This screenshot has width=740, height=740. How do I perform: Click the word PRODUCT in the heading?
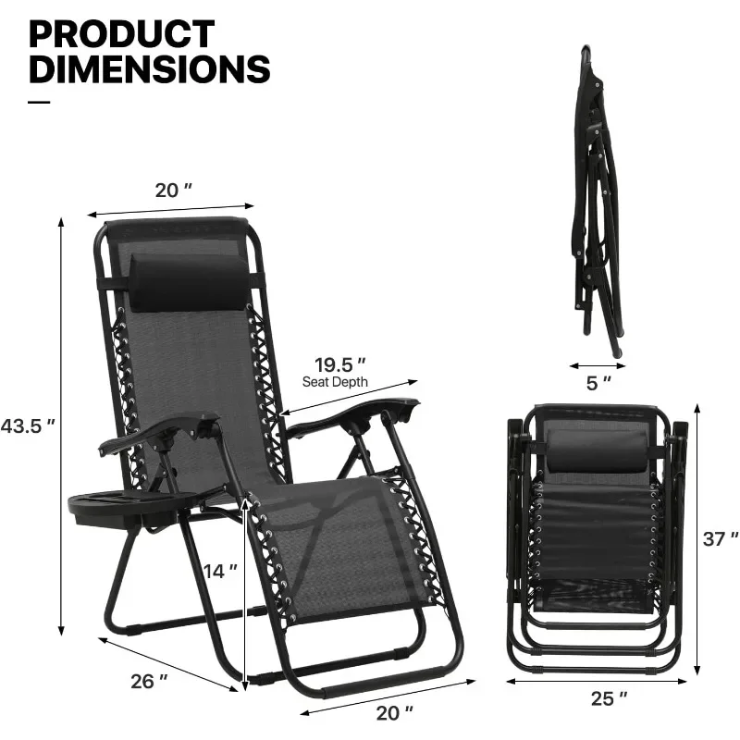coord(122,33)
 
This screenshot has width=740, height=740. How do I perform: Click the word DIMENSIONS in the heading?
coord(149,69)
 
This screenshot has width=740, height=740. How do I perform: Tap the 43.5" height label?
coord(28,426)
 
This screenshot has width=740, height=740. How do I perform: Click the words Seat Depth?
coord(335,381)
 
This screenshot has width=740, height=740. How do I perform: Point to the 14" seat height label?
coord(214,571)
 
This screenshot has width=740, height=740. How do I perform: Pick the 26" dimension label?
coord(150,681)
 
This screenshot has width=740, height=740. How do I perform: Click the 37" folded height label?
coord(721,537)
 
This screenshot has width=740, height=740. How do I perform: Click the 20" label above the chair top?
coord(174,190)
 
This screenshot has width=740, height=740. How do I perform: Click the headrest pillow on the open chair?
coord(188,281)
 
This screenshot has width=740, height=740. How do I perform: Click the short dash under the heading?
coord(39,102)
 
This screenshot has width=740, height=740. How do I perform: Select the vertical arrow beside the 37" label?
coord(697,536)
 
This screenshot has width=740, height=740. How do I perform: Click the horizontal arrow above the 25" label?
coord(598,683)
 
